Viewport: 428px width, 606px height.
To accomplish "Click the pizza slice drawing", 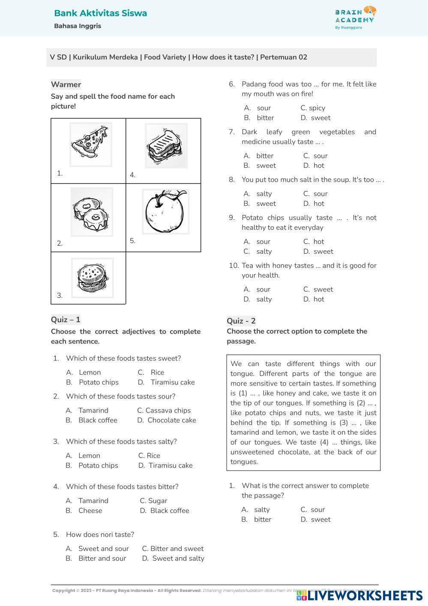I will (90, 144).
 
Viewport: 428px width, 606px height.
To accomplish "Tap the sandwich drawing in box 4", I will (166, 146).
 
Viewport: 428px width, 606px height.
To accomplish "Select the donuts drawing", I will (92, 212).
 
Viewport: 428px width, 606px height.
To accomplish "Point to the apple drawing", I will (165, 211).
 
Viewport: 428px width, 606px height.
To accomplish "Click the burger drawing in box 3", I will (93, 278).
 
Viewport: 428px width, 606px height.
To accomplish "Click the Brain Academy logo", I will (355, 17).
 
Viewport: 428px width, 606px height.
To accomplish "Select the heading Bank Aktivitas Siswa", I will (100, 13).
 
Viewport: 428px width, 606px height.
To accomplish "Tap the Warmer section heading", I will (66, 84).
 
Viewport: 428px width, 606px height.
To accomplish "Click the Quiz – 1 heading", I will (66, 320).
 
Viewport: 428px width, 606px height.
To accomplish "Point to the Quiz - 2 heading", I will (241, 321).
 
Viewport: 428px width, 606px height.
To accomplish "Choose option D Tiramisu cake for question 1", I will (172, 382).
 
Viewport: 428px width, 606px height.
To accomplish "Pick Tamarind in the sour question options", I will (93, 410).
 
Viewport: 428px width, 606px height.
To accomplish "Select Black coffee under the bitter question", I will (170, 511).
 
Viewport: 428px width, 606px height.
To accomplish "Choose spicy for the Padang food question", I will (317, 108).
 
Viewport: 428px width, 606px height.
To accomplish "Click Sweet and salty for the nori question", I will (178, 558).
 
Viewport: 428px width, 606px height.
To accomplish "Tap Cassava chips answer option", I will (168, 410).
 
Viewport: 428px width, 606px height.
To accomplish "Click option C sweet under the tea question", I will (323, 289).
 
